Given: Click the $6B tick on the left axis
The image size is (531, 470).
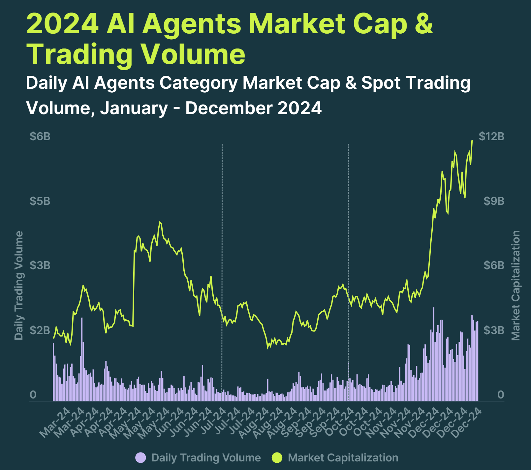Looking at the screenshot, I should (x=40, y=136).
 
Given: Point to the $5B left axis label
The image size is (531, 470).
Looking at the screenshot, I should (x=40, y=201).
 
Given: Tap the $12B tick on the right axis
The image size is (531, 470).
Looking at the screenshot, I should (x=491, y=136).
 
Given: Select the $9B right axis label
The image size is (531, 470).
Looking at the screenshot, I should (x=494, y=201).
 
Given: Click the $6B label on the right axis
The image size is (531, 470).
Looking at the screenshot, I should (x=494, y=265).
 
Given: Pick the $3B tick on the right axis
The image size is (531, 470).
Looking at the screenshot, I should (x=494, y=330).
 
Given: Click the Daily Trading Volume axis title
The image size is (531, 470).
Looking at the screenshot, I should (x=19, y=285).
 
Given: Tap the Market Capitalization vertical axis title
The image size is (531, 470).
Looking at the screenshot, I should (x=515, y=285).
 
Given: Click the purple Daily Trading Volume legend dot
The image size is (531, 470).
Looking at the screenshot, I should (x=141, y=458).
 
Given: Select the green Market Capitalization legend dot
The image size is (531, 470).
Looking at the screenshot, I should (x=277, y=458).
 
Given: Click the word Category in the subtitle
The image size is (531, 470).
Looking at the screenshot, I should (x=199, y=82).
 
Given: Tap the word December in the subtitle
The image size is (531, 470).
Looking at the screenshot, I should (x=229, y=108).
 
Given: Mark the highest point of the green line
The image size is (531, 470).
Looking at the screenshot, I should (x=472, y=141).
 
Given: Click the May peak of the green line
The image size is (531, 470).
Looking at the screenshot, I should (x=160, y=222).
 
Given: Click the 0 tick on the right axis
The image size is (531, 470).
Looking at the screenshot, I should (x=500, y=394).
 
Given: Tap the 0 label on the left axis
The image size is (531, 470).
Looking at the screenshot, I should (x=33, y=394).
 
